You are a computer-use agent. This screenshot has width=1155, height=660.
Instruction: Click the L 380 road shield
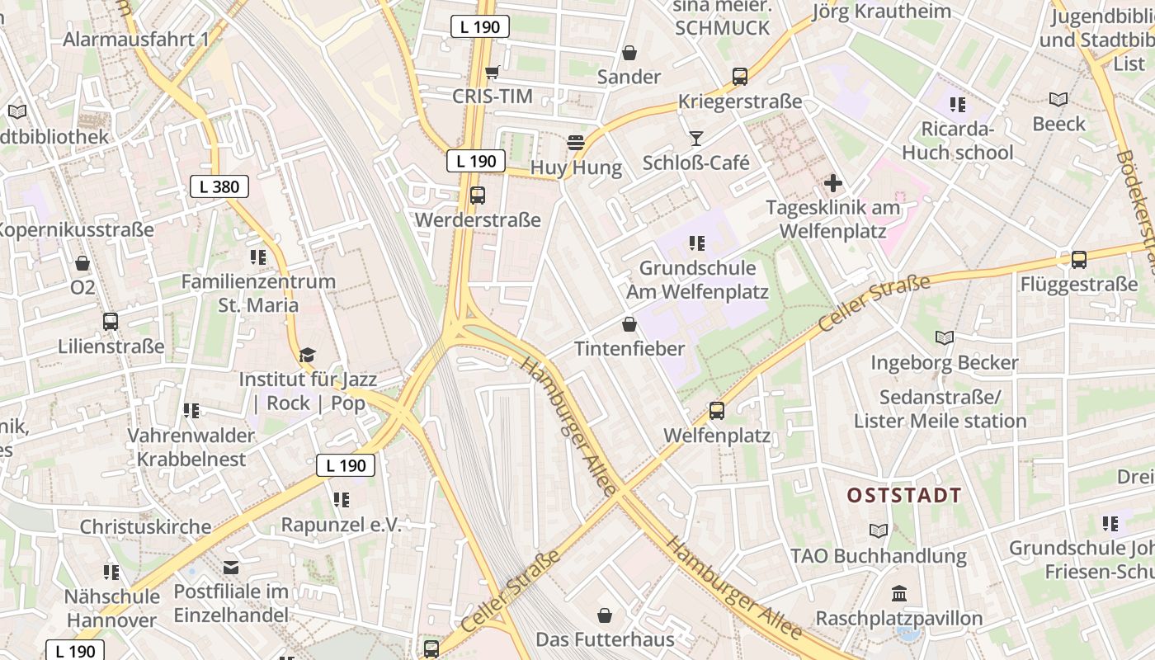pyautogui.click(x=219, y=186)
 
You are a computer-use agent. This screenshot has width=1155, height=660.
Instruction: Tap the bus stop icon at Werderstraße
pyautogui.click(x=478, y=196)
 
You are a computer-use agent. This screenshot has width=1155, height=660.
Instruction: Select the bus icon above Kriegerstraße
pyautogui.click(x=740, y=77)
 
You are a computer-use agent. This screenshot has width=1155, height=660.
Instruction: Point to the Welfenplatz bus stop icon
pyautogui.click(x=717, y=411)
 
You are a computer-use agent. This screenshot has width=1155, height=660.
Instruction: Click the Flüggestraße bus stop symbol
pyautogui.click(x=1078, y=260)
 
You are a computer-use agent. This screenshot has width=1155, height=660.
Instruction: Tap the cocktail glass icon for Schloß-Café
pyautogui.click(x=696, y=138)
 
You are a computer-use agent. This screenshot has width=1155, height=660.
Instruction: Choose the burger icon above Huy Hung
pyautogui.click(x=576, y=143)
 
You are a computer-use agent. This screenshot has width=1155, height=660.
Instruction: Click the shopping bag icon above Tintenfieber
pyautogui.click(x=629, y=324)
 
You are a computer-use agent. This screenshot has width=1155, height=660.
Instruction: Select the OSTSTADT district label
pyautogui.click(x=904, y=496)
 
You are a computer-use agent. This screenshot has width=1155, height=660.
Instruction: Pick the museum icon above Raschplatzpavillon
pyautogui.click(x=899, y=593)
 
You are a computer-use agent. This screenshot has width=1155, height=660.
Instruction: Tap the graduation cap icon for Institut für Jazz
pyautogui.click(x=308, y=355)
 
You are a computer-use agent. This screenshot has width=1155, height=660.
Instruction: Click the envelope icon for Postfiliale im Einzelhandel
pyautogui.click(x=231, y=567)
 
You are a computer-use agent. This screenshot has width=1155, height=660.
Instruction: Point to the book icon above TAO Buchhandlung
pyautogui.click(x=879, y=530)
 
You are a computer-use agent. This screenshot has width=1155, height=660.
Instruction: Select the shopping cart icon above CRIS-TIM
pyautogui.click(x=493, y=72)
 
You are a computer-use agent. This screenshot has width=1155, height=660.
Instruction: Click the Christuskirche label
pyautogui.click(x=145, y=526)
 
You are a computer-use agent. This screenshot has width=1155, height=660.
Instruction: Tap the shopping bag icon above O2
pyautogui.click(x=82, y=263)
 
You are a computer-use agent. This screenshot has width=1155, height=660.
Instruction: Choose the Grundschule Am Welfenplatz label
pyautogui.click(x=697, y=280)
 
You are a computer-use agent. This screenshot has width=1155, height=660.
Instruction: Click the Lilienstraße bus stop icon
pyautogui.click(x=111, y=321)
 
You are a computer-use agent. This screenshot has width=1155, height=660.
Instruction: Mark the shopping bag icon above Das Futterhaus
pyautogui.click(x=605, y=615)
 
